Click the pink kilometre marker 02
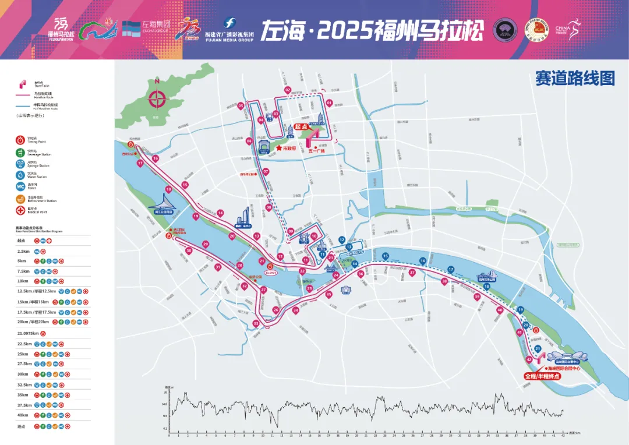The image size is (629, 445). coord(288,90)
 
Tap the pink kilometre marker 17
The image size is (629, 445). coord(140,164)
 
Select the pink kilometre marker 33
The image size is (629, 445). coord(256,324)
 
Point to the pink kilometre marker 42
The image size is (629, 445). coord(528,360)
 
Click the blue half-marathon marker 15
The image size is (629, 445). coord(385,256)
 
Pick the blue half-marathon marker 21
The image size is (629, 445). coord(538,348)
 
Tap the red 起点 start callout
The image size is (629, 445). coord(301,126)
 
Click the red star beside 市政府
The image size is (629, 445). coord(279,149)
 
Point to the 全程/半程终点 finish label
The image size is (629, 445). coord(543,377)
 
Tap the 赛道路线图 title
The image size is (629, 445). coord(575,79)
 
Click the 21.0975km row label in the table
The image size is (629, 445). coord(27,334)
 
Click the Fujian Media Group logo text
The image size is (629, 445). coord(229,36)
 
